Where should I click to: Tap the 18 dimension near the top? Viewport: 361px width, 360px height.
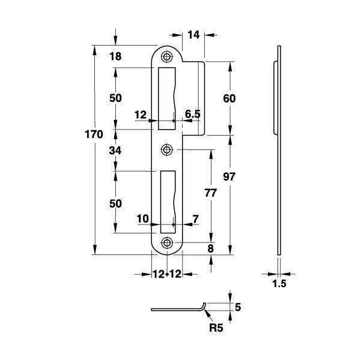116,57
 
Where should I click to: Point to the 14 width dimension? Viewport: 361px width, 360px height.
193,35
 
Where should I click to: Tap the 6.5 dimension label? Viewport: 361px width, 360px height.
192,113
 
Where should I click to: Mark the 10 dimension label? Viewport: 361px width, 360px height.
143,220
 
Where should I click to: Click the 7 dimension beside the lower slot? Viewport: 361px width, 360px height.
195,220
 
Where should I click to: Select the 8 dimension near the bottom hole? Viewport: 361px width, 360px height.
210,248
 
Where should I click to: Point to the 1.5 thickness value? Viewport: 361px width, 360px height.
278,283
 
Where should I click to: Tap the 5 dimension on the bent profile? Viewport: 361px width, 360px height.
238,307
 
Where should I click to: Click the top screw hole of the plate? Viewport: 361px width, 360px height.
166,56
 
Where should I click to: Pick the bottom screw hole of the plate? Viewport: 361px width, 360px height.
166,242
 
